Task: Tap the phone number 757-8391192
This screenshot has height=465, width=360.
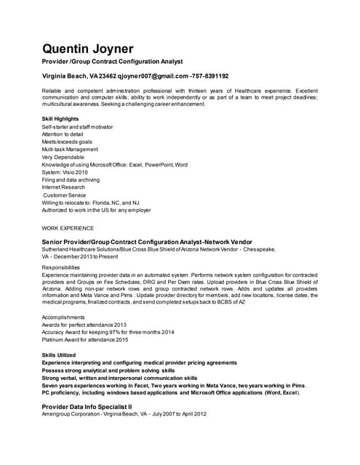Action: point(210,76)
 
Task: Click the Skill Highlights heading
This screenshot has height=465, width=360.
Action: point(61,118)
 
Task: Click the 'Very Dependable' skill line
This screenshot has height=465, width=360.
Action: point(63,157)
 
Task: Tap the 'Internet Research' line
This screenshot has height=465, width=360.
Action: point(63,187)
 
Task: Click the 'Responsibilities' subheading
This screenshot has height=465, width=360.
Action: point(62,267)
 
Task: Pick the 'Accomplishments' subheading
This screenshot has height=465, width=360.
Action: point(64,317)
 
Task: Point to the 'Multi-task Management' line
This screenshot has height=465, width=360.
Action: point(70,149)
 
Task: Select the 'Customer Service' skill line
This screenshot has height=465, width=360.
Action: point(65,195)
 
